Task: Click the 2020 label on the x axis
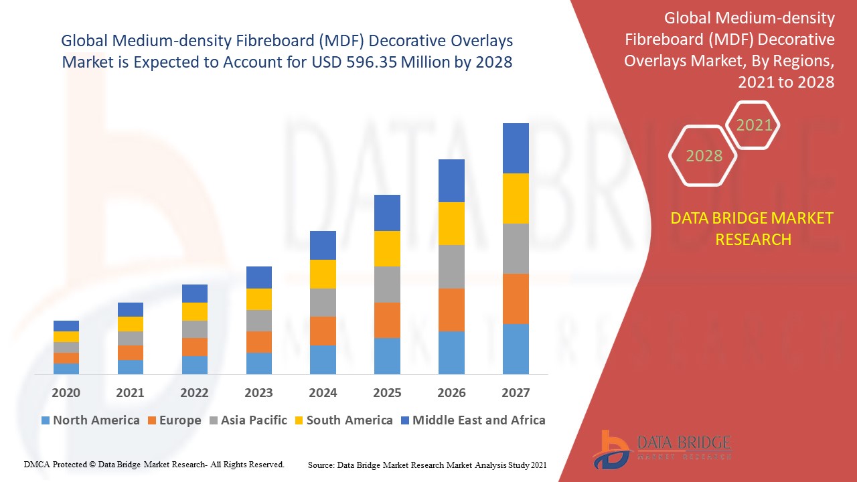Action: click(x=66, y=393)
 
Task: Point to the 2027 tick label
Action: click(x=516, y=393)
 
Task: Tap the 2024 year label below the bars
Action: click(x=323, y=393)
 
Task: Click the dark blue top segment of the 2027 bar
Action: click(x=516, y=148)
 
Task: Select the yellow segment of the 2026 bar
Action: click(x=451, y=224)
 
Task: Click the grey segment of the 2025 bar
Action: click(x=387, y=285)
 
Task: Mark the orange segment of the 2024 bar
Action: click(x=323, y=331)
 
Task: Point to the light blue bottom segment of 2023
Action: click(x=258, y=363)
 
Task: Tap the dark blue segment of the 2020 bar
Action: click(x=66, y=326)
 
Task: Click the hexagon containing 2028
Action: click(x=704, y=156)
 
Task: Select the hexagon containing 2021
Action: click(x=754, y=125)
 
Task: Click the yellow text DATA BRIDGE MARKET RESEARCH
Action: click(x=753, y=229)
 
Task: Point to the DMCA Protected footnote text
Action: click(x=154, y=464)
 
